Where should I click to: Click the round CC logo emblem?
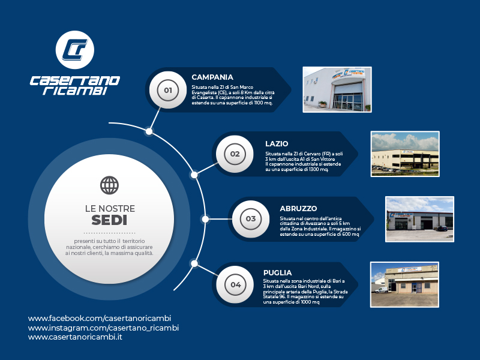pos(74,50)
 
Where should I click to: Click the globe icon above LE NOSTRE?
pos(109,185)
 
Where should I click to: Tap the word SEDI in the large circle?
pos(109,220)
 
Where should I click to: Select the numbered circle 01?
pos(168,90)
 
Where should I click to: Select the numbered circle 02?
pos(235,154)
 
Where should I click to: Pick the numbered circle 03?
pos(251,219)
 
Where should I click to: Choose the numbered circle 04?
pos(235,284)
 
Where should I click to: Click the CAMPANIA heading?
pos(212,77)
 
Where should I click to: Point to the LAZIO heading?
pos(277,143)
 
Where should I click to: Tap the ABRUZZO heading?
pos(298,208)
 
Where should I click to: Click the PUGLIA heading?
pos(277,273)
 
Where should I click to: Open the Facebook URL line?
pos(100,319)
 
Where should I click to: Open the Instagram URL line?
pos(103,328)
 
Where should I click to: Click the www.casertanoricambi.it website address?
pos(75,337)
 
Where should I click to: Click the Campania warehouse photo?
pos(337,89)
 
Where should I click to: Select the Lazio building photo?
pos(405,154)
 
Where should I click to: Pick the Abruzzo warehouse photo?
pos(419,219)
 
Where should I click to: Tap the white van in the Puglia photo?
pos(382,290)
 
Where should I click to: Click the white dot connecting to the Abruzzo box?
pos(205,219)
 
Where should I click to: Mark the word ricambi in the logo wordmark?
pos(75,91)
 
